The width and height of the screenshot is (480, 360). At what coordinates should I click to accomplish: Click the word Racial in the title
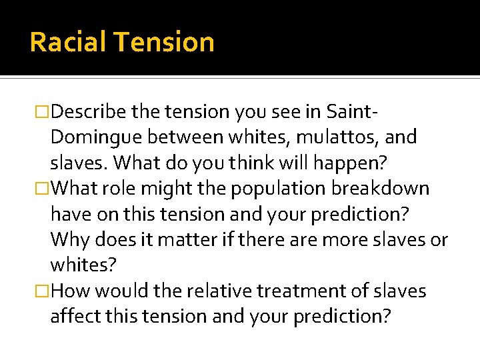pyautogui.click(x=69, y=42)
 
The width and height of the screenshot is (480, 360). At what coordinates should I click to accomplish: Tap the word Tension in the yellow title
pyautogui.click(x=164, y=42)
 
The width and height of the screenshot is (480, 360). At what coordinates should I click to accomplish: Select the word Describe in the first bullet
pyautogui.click(x=88, y=111)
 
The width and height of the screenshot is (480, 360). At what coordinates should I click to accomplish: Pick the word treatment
pyautogui.click(x=297, y=291)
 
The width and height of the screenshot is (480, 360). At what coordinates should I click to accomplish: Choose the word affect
pyautogui.click(x=75, y=317)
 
